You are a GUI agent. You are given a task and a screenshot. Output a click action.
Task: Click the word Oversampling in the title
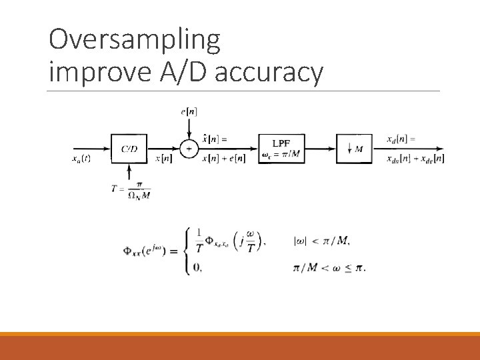134,41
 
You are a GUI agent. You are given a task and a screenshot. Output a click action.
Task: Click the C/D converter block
129,149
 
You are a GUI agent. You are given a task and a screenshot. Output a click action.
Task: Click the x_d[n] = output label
401,139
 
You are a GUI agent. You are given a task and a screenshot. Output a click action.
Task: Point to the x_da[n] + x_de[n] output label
415,159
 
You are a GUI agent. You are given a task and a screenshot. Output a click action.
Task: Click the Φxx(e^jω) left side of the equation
149,251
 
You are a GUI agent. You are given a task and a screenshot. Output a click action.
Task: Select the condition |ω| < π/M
322,241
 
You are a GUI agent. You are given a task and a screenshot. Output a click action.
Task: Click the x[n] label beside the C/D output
163,159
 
